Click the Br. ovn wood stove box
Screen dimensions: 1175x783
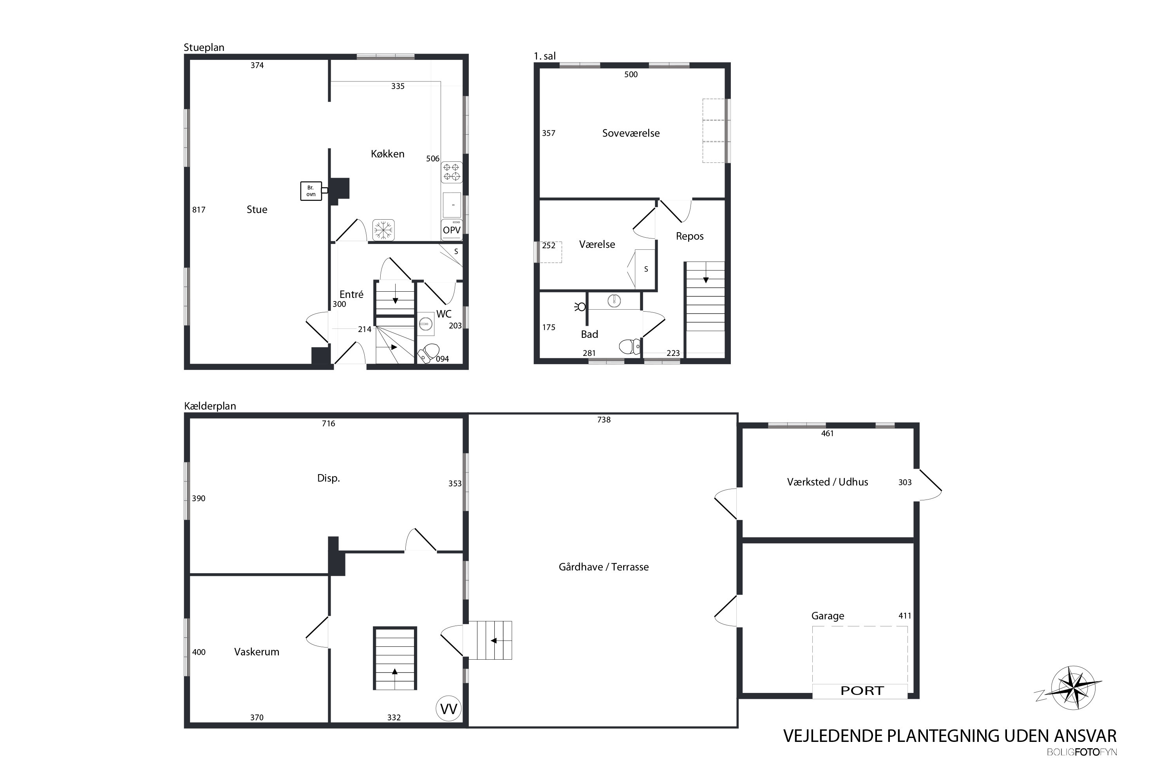(311, 191)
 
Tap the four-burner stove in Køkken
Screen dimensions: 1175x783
(452, 172)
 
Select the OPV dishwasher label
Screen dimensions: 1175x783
(452, 230)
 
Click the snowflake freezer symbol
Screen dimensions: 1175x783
(383, 230)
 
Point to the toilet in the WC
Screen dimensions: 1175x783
(428, 353)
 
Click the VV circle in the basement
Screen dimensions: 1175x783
(448, 709)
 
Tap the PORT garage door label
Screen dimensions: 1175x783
(862, 691)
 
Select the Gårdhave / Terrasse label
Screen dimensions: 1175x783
(604, 567)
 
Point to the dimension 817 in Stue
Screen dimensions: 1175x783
(199, 210)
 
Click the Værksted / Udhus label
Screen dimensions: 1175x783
(827, 482)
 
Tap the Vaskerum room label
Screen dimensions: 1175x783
(257, 652)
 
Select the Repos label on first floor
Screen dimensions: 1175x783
(689, 236)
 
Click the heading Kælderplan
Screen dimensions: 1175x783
(210, 406)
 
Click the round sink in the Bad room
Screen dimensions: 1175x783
(614, 301)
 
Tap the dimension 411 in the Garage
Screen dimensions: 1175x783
(905, 616)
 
